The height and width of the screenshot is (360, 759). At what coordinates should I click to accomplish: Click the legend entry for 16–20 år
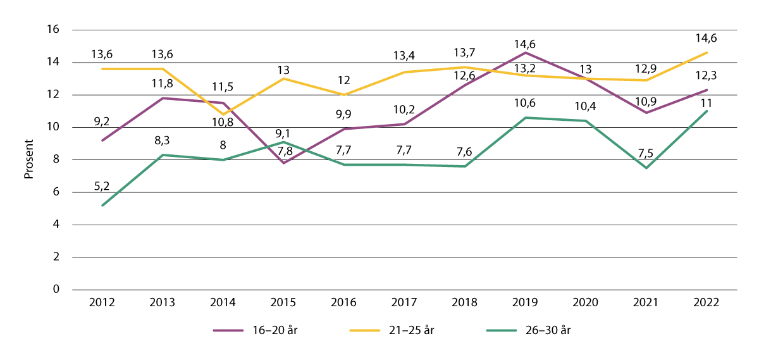(253, 330)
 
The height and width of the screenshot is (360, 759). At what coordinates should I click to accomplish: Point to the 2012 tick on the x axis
(102, 302)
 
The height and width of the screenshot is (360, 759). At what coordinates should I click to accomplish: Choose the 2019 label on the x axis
(525, 302)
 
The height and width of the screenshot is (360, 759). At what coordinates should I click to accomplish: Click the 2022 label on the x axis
(706, 302)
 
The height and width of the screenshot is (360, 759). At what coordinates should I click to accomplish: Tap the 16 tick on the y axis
(53, 30)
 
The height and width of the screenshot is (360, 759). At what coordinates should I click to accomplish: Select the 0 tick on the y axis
(56, 290)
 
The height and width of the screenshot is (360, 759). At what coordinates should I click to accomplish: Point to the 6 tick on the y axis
(56, 192)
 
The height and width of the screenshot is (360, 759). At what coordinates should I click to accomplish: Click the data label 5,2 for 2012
(102, 185)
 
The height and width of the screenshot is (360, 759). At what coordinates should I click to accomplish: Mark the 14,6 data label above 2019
(525, 46)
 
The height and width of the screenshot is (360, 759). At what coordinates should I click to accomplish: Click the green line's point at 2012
(102, 205)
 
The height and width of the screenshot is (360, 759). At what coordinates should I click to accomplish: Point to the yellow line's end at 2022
(706, 52)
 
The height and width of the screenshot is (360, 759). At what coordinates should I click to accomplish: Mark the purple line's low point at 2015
(283, 163)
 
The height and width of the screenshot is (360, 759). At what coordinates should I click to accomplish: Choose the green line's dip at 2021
(646, 168)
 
